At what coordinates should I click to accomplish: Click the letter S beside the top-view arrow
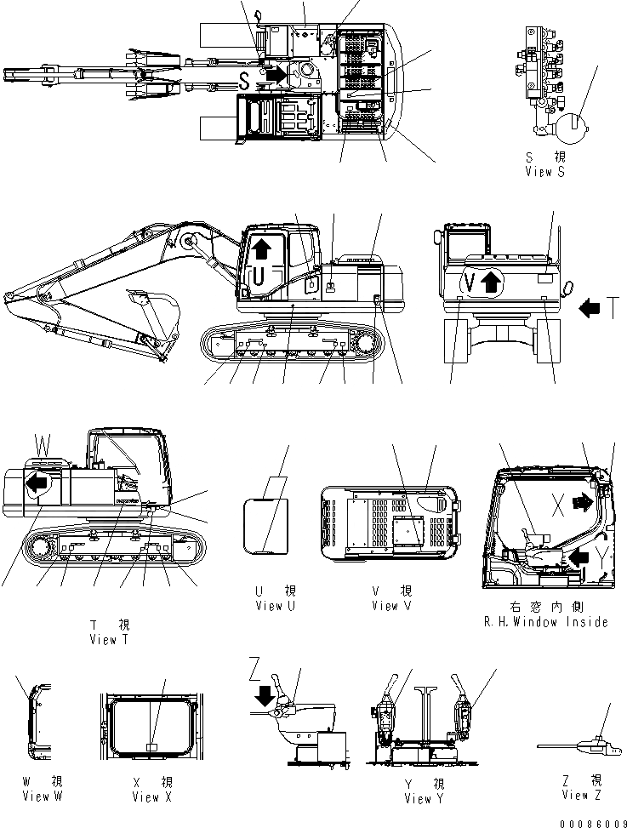244,81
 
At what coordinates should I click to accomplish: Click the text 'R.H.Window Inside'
546,622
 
